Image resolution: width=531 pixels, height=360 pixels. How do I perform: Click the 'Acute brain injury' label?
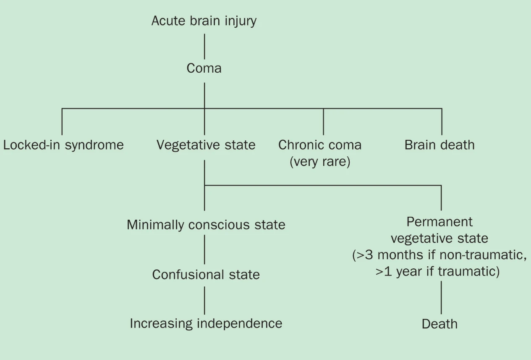click(204, 21)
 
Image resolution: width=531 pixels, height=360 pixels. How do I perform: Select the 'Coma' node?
click(204, 68)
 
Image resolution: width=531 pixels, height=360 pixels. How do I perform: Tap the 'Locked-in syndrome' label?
click(63, 145)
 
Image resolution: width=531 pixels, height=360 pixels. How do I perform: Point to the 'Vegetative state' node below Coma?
click(206, 145)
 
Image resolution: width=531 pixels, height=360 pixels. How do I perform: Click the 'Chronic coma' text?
click(320, 145)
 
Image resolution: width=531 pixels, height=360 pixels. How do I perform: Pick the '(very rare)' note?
click(320, 161)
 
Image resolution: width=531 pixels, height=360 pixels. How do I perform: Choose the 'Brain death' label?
click(439, 145)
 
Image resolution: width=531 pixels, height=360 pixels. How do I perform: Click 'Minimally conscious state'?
click(206, 225)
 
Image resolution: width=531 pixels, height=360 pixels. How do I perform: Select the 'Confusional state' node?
click(206, 275)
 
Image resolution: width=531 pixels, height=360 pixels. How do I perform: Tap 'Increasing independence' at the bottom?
click(206, 323)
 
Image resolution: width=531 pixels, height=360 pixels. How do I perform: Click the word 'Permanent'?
click(439, 222)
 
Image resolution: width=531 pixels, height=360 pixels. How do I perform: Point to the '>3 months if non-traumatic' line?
click(439, 255)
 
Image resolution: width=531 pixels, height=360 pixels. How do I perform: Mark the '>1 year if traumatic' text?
click(437, 271)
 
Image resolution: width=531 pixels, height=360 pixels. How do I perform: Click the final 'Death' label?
click(439, 324)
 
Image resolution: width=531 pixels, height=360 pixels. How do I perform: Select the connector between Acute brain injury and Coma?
click(204, 46)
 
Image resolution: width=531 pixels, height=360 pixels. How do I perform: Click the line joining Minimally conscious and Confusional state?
click(204, 250)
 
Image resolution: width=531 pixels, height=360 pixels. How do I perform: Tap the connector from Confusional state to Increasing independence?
click(204, 300)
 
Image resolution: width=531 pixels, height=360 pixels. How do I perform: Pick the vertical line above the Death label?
click(441, 297)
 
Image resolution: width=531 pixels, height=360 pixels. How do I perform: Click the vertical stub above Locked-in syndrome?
click(62, 122)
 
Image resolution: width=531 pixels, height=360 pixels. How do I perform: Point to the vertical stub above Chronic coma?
click(323, 122)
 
